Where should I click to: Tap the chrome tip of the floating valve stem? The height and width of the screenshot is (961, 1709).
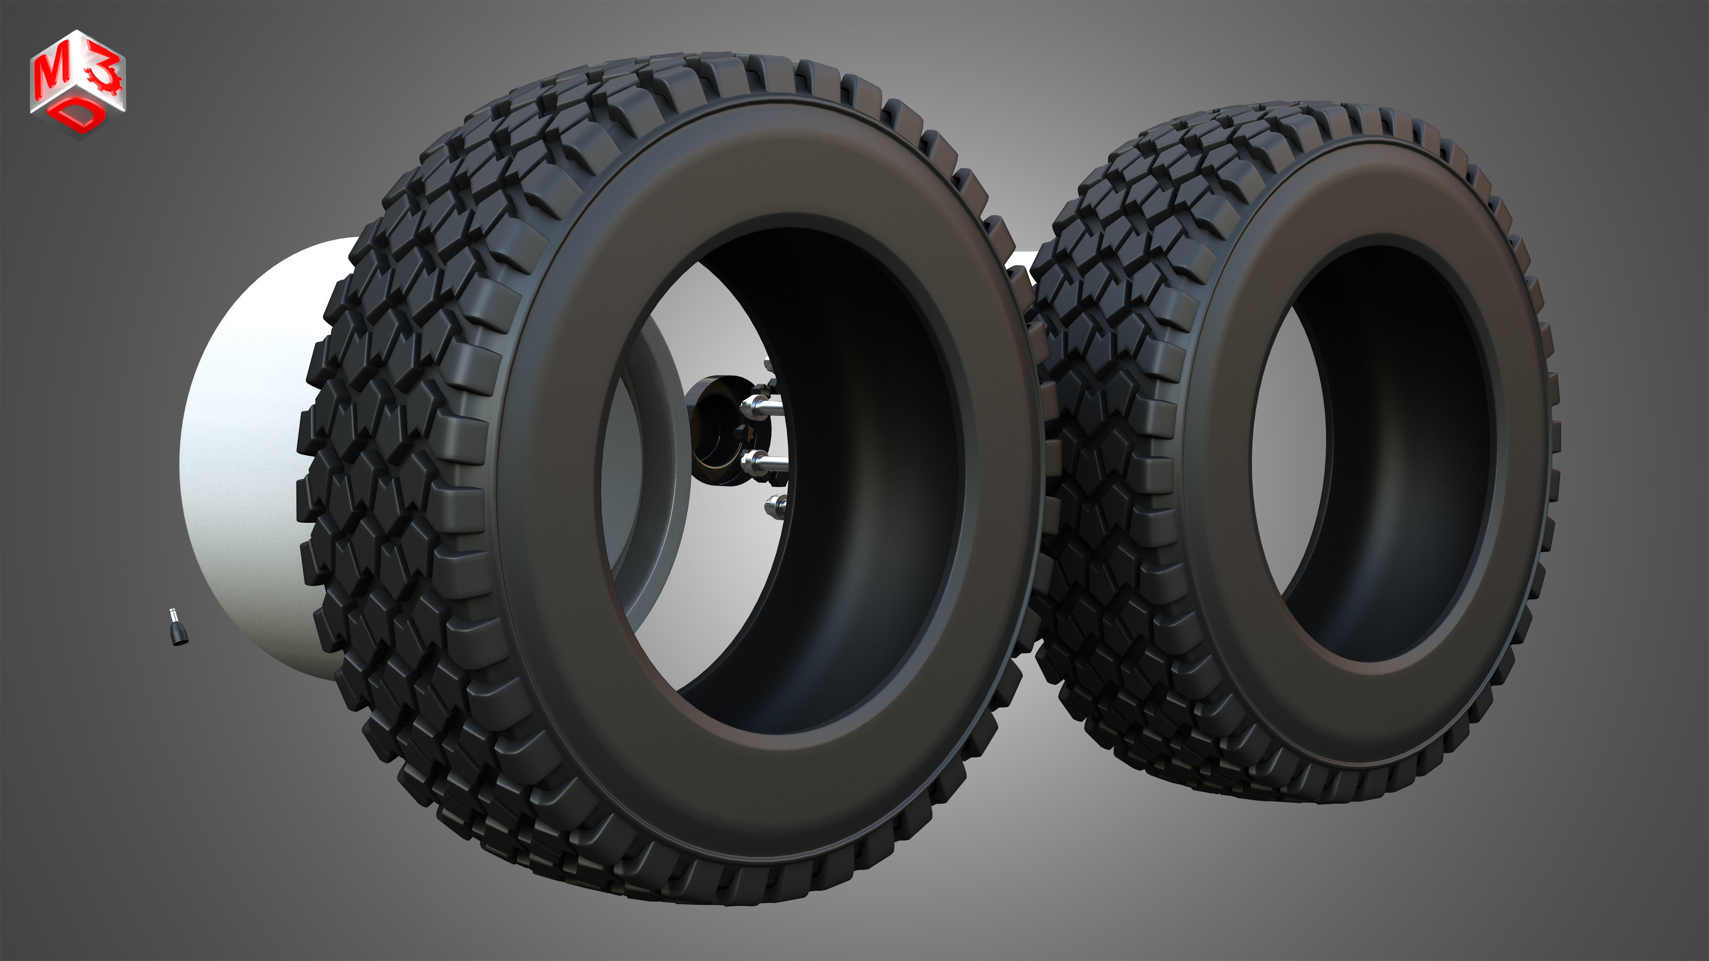click(x=172, y=611)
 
